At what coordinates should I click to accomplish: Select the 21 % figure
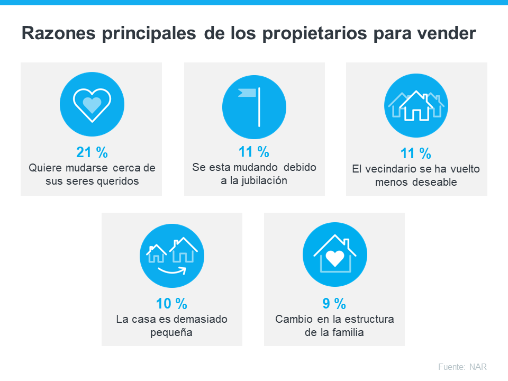(92, 152)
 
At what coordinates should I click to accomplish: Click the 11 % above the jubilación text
(254, 152)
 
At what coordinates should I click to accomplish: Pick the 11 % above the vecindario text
(415, 153)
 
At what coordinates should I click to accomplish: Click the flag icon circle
(254, 105)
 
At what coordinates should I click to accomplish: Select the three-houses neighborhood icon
(416, 105)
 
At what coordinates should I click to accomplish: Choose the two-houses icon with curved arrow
(171, 256)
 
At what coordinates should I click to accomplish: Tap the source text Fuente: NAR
(462, 367)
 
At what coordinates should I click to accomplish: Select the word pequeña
(171, 333)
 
